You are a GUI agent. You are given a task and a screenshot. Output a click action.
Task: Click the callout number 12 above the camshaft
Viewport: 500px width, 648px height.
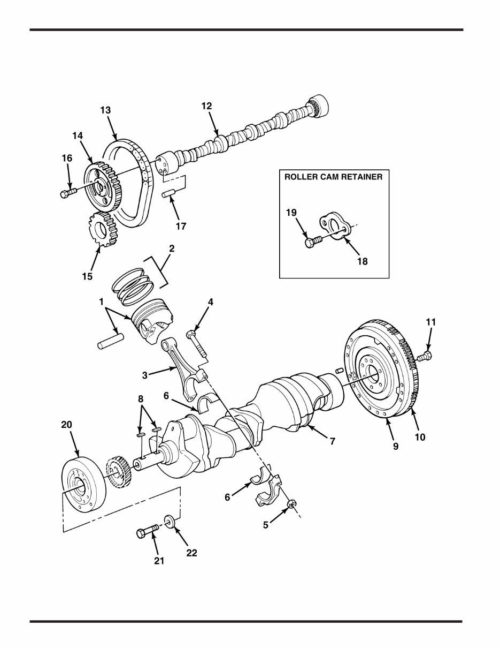pos(206,106)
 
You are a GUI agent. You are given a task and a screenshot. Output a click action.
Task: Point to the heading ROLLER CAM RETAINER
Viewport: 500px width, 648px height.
pos(333,177)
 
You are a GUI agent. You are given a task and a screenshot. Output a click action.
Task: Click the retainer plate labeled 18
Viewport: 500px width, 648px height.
pos(335,225)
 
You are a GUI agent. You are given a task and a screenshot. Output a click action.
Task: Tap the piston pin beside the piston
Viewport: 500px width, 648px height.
pos(111,341)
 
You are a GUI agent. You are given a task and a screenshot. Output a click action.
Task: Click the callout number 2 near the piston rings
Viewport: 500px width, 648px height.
pos(172,248)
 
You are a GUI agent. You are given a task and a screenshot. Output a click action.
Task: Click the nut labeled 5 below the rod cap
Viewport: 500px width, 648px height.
pos(293,503)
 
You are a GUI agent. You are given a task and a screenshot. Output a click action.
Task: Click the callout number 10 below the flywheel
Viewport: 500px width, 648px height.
pos(420,438)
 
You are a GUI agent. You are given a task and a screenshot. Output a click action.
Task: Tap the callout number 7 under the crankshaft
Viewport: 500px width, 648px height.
pos(332,441)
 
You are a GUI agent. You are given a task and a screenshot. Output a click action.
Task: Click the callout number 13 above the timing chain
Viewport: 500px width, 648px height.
pos(105,110)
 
